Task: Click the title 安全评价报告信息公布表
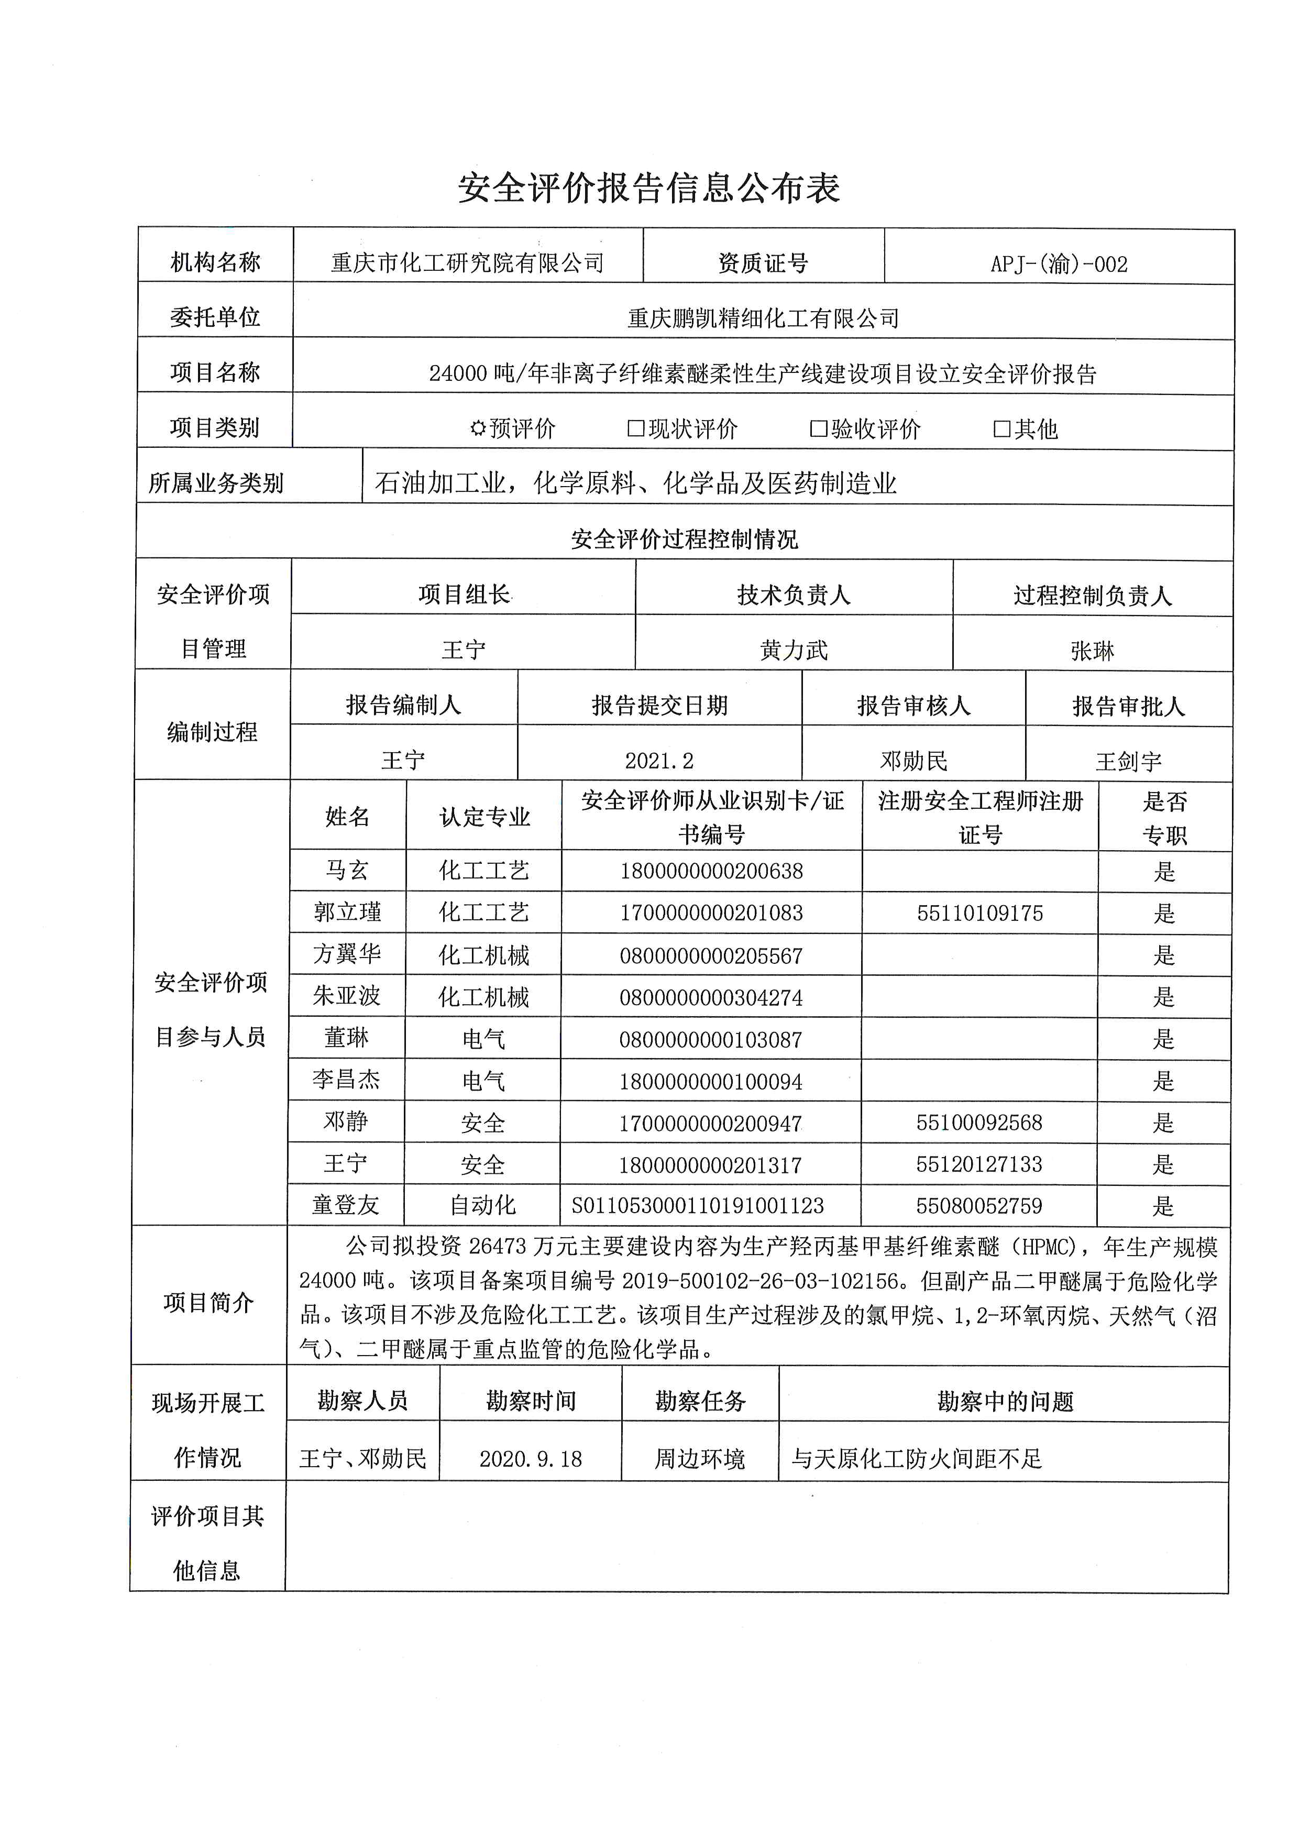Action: pos(648,189)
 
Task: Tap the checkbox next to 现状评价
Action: pos(636,429)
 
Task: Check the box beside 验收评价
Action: pos(818,429)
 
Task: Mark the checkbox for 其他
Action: pos(1001,429)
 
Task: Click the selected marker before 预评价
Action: pos(478,429)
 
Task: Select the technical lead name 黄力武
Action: pos(794,650)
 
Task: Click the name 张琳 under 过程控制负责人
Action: pos(1092,651)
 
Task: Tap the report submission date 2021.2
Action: pos(659,760)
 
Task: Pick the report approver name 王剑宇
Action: pos(1128,761)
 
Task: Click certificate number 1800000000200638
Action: pos(711,871)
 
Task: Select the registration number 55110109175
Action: pos(980,913)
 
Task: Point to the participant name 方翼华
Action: pos(347,954)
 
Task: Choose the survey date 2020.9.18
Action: pos(530,1459)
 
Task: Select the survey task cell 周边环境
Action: pos(700,1459)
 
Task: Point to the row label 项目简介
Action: pos(208,1303)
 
